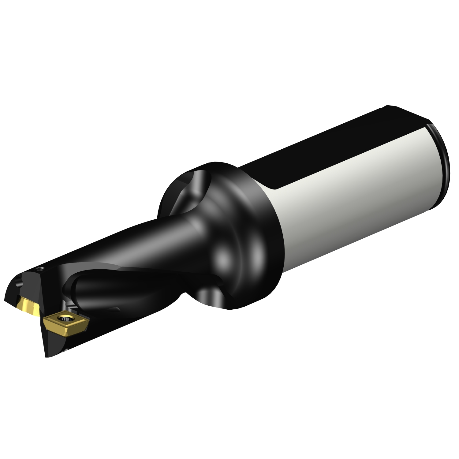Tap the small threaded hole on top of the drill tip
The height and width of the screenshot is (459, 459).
coord(39,270)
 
